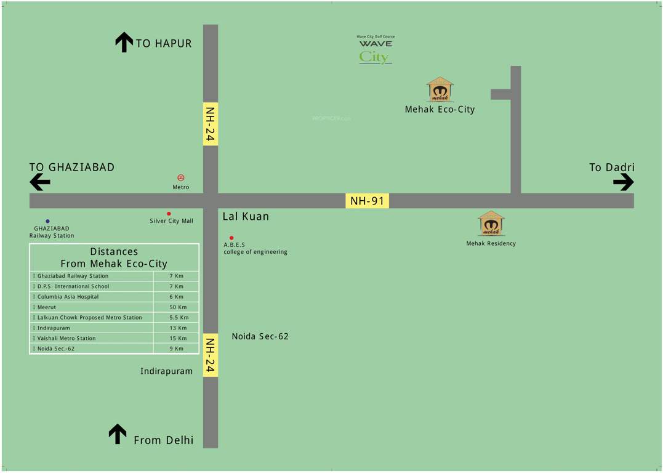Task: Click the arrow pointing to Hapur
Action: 124,42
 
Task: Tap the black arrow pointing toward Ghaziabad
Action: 40,182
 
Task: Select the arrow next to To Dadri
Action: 623,182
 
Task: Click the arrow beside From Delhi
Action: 118,434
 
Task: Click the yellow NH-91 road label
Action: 367,201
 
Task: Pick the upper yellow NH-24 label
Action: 211,124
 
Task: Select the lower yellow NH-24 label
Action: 211,355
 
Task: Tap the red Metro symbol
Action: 181,178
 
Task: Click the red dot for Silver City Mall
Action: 169,214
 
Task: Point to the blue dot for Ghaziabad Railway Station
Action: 47,221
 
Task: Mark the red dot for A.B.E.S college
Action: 231,238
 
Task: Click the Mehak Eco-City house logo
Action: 440,89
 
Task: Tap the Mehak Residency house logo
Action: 491,223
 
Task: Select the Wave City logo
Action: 376,51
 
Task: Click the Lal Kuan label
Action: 246,217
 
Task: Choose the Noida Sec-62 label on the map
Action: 260,336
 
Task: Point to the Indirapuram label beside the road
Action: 166,371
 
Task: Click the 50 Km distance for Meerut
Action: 177,307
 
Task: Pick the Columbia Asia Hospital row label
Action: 68,297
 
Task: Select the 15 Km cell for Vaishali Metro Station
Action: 177,338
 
